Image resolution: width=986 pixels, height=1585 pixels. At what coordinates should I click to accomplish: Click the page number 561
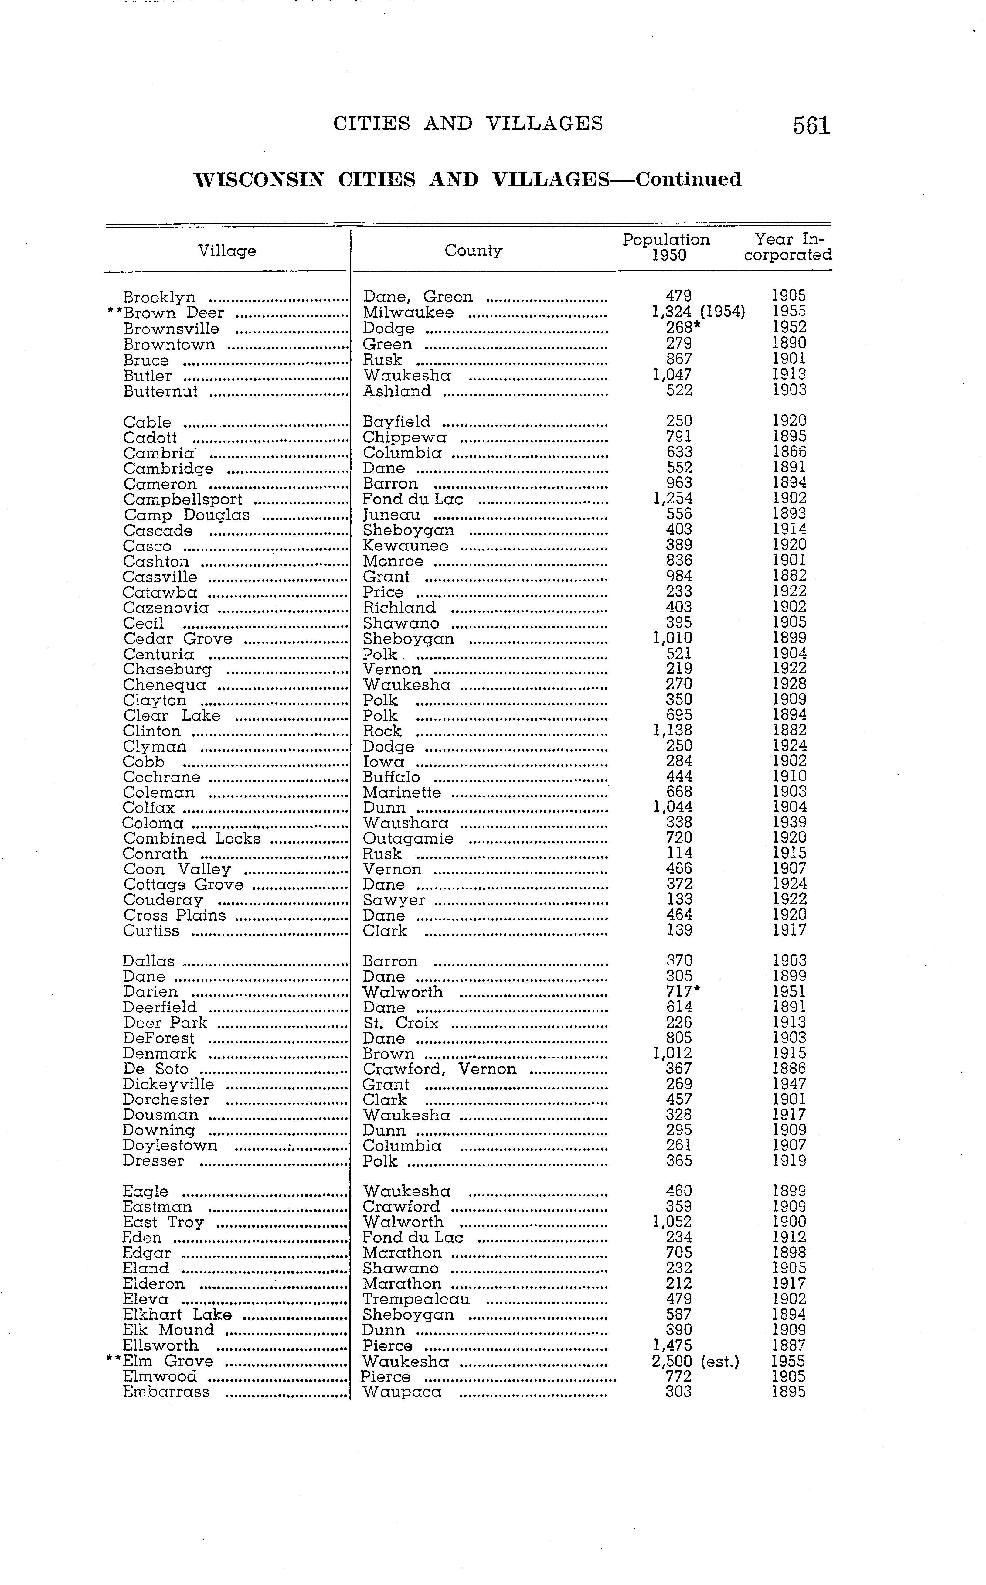tap(811, 125)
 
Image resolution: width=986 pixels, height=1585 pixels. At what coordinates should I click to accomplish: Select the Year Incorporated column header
tap(788, 247)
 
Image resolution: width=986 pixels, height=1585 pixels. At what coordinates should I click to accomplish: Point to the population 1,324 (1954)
tap(698, 312)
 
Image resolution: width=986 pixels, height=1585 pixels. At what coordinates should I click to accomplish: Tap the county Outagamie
tap(408, 839)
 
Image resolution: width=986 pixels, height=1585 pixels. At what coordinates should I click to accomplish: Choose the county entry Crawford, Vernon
tap(440, 1069)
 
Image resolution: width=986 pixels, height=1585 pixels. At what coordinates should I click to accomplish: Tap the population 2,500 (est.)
tap(695, 1361)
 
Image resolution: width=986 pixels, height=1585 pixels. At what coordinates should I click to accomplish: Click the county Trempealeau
tap(416, 1299)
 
